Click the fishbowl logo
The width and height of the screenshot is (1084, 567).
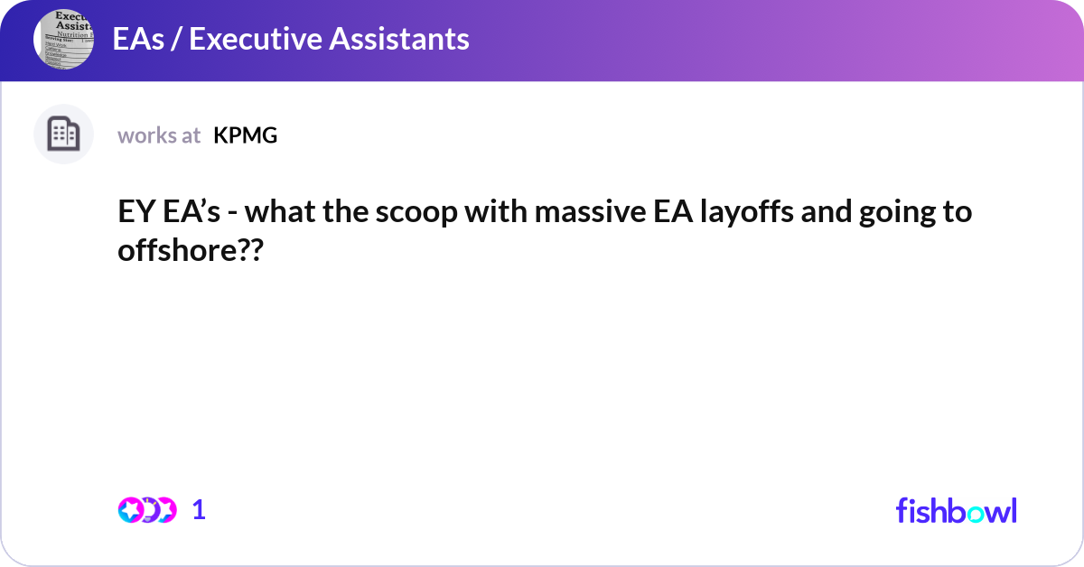pyautogui.click(x=956, y=510)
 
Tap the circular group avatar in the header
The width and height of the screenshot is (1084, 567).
pyautogui.click(x=63, y=39)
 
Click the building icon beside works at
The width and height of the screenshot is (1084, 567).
pyautogui.click(x=63, y=135)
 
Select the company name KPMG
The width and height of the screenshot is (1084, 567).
pyautogui.click(x=245, y=135)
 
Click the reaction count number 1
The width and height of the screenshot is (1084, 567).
pyautogui.click(x=199, y=510)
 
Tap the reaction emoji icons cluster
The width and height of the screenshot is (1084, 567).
pyautogui.click(x=146, y=510)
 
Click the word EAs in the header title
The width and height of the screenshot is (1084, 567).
pyautogui.click(x=133, y=39)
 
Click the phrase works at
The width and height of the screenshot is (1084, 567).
pyautogui.click(x=159, y=135)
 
